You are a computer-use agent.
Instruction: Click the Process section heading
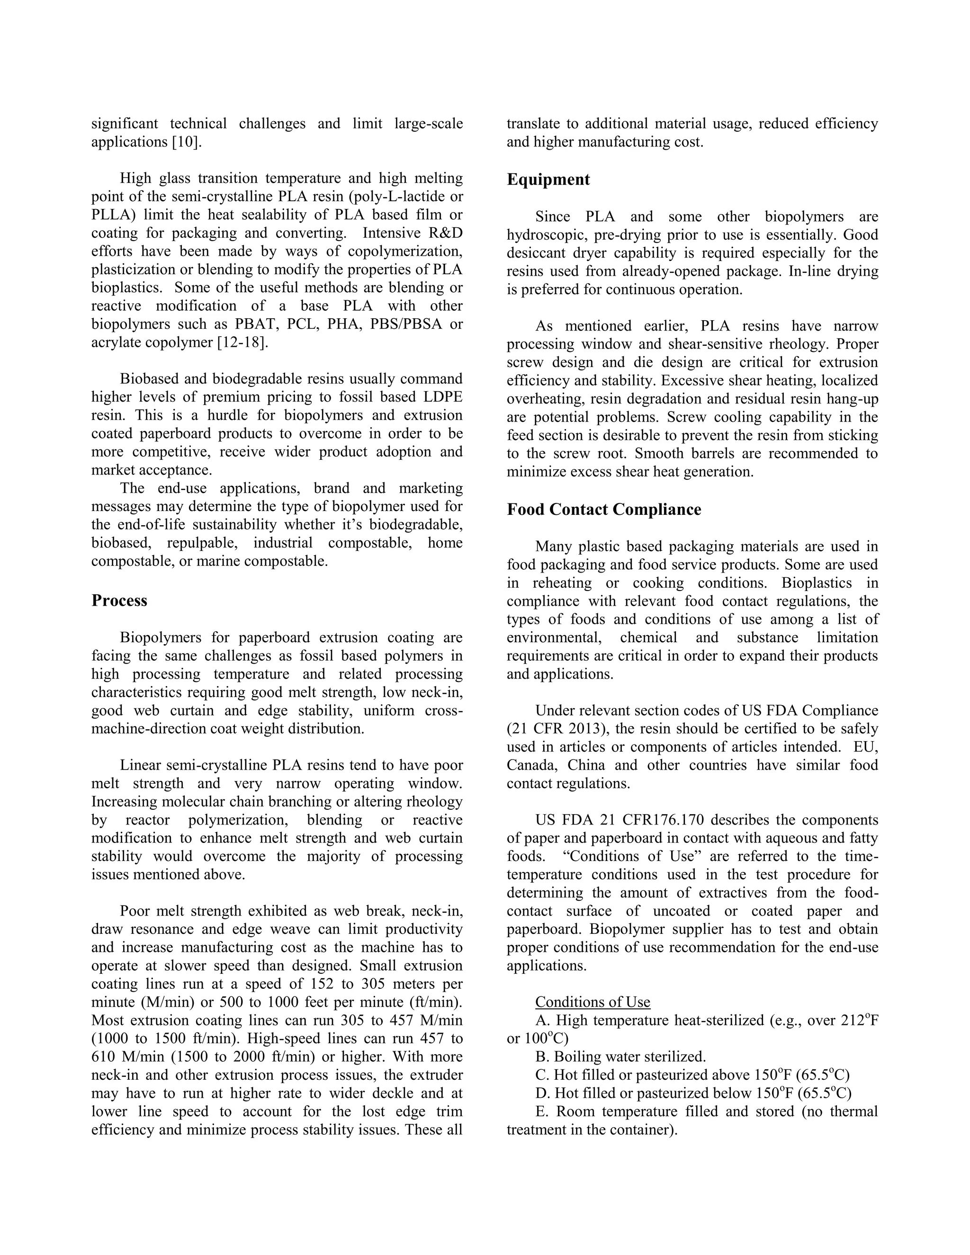(x=119, y=601)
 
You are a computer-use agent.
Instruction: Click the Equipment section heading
(x=548, y=180)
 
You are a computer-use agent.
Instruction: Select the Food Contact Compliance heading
(x=603, y=510)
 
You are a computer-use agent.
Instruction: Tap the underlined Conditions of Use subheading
(x=593, y=1002)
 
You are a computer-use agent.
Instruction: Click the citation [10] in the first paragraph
(x=187, y=142)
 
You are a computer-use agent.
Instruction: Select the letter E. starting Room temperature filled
(x=541, y=1112)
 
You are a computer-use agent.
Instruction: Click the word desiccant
(x=531, y=253)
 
